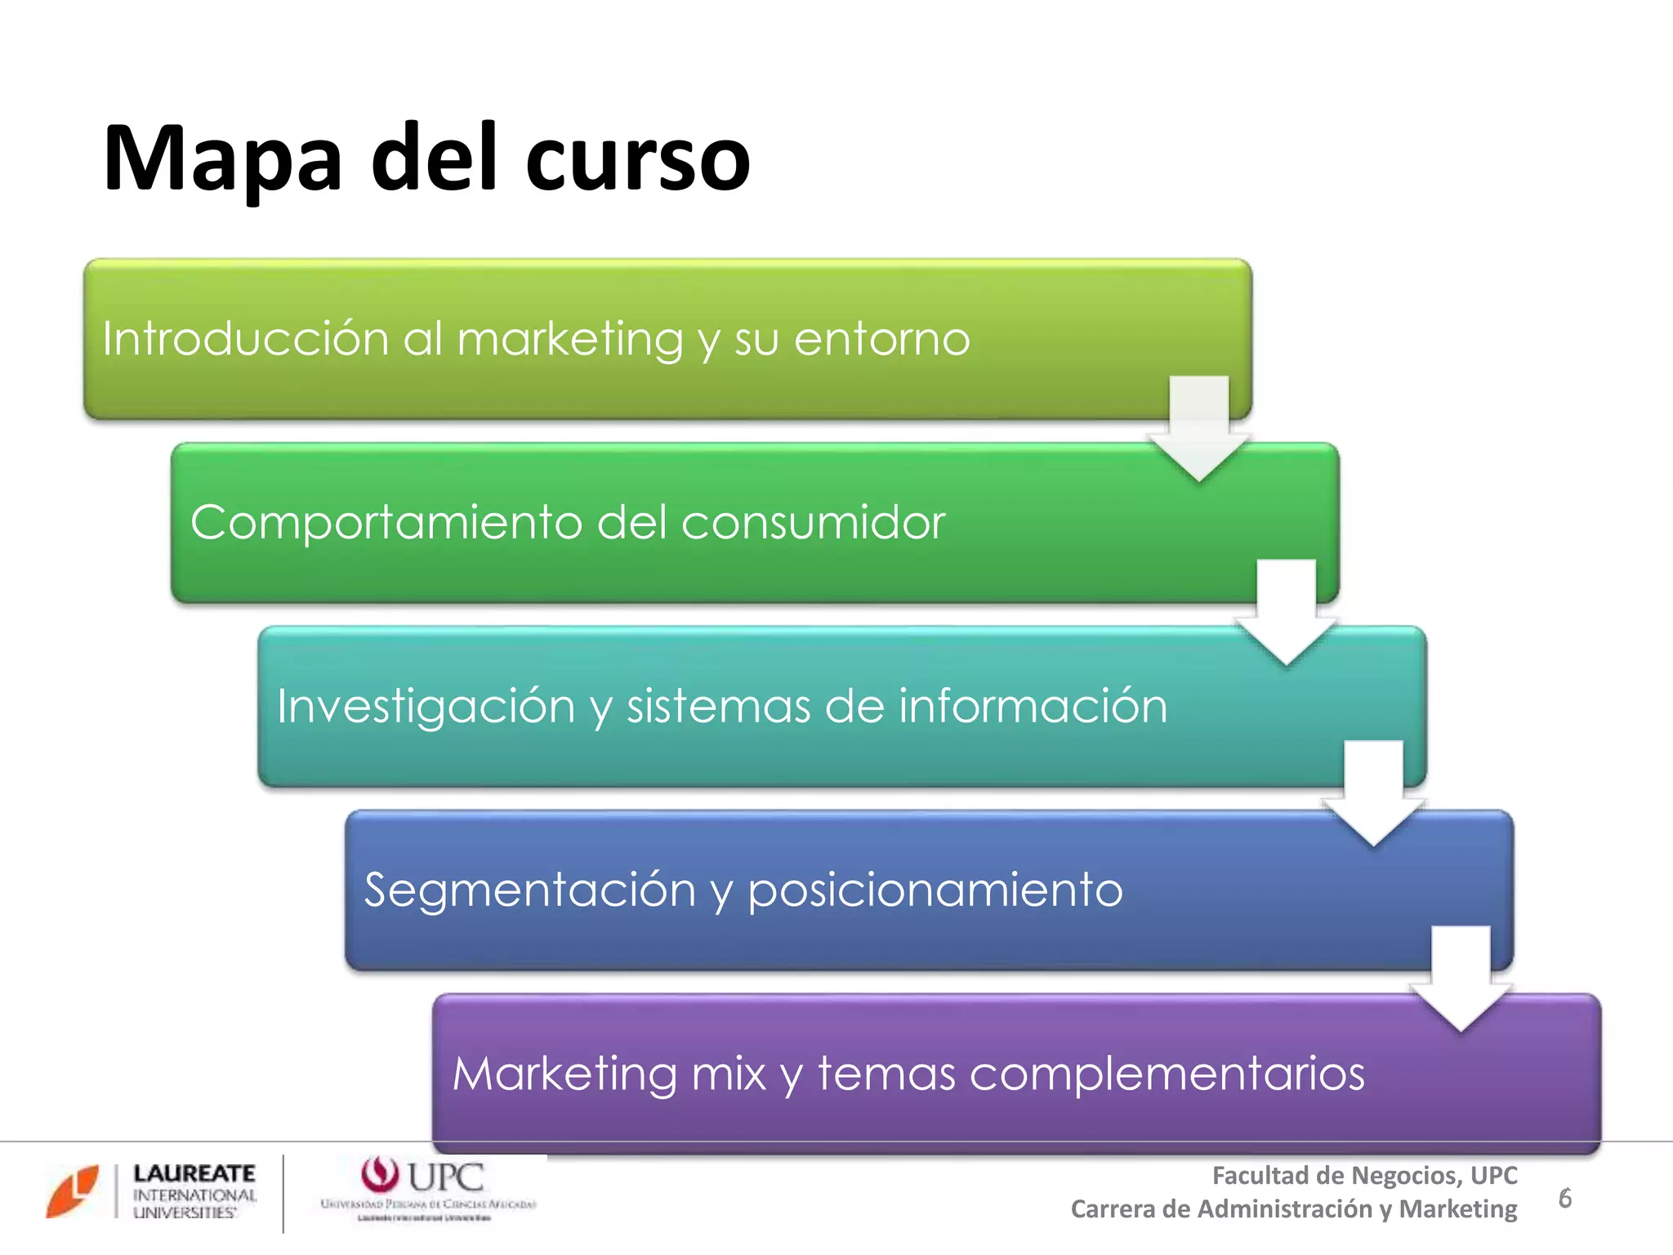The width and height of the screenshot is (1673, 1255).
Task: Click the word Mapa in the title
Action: tap(222, 159)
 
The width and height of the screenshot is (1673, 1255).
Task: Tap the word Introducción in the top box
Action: tap(245, 338)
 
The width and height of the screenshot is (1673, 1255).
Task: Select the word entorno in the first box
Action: tap(882, 338)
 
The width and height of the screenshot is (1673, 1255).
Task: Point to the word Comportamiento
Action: tap(386, 522)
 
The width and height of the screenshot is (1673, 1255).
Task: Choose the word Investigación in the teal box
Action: tap(426, 706)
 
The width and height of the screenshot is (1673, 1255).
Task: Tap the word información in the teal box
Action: tap(1033, 706)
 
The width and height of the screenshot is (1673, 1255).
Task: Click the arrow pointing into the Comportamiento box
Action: tap(1199, 429)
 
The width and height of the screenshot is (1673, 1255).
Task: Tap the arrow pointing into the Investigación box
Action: tap(1287, 613)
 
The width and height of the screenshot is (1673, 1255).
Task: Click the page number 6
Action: tap(1564, 1198)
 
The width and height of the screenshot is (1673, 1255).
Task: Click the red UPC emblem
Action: tap(380, 1175)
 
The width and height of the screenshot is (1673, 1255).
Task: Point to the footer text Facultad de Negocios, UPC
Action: tap(1364, 1175)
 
